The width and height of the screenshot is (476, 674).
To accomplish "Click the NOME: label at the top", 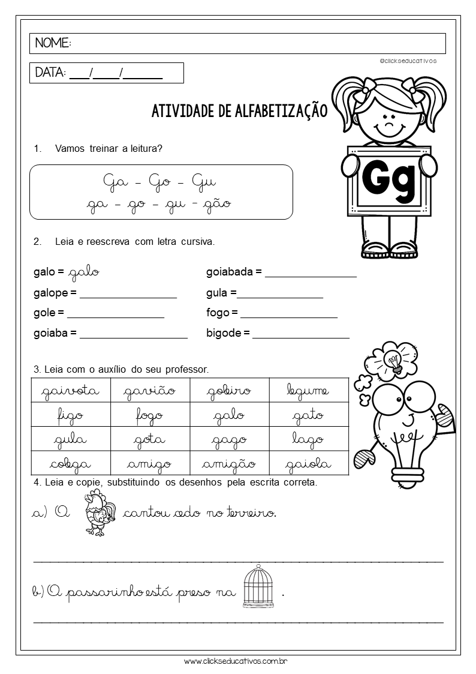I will coord(53,43).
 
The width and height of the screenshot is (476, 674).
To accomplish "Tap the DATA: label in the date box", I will coord(50,73).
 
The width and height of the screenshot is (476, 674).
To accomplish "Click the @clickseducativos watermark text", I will coord(408,61).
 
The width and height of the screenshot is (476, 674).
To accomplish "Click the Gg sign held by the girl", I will coord(388,179).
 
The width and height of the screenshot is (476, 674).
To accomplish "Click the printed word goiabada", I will coord(231,272).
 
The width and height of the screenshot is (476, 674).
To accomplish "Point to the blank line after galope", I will coord(128,296).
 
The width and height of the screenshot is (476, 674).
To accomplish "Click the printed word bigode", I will coord(224,332).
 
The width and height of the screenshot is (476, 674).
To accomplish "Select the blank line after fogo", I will coord(288,317).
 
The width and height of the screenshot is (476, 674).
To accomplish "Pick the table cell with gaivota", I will coord(71,391).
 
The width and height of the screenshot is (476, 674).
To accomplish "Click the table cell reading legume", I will coord(308,391).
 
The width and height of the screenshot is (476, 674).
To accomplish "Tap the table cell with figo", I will coord(71,415).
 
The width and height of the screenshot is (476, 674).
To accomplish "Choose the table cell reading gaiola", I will coord(308,463).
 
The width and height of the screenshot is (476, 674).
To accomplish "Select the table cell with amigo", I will coord(149,463).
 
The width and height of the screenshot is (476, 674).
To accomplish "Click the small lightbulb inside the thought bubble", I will coord(393,361).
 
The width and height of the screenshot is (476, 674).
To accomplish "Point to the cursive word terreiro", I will coord(250,513).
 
